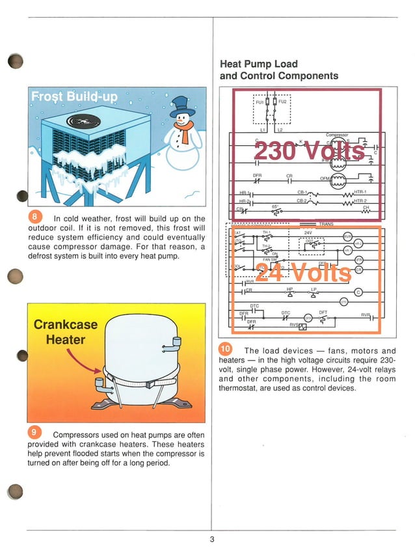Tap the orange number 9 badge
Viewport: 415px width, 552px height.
click(x=35, y=434)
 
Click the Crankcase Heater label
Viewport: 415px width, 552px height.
click(x=64, y=332)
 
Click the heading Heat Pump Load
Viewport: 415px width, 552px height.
click(x=259, y=64)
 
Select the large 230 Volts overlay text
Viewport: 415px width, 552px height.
click(x=309, y=151)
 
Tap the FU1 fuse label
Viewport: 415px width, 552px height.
click(x=260, y=102)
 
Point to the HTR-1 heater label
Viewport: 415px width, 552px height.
click(x=360, y=191)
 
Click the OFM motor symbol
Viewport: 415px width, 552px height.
click(x=338, y=179)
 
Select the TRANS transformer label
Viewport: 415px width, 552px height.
click(x=326, y=223)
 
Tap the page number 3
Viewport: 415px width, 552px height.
click(x=211, y=539)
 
